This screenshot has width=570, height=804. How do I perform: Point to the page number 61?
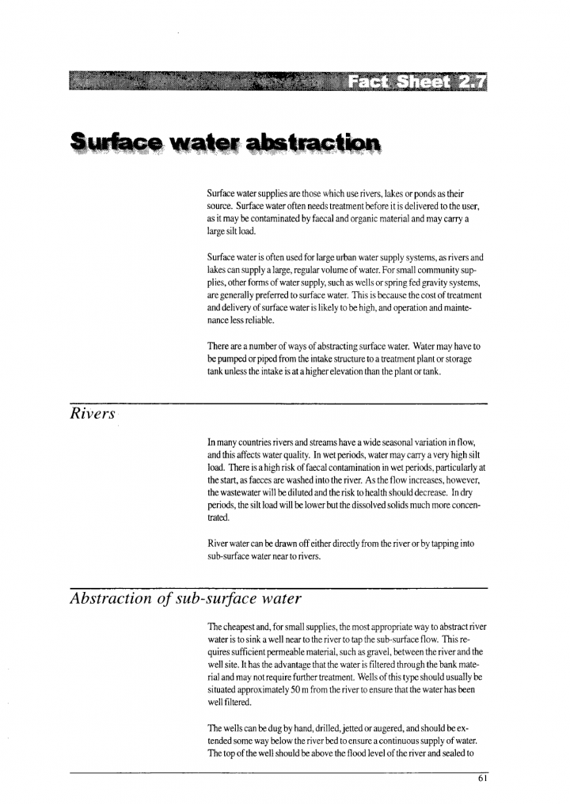point(483,778)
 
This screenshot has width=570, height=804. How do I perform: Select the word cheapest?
point(237,624)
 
